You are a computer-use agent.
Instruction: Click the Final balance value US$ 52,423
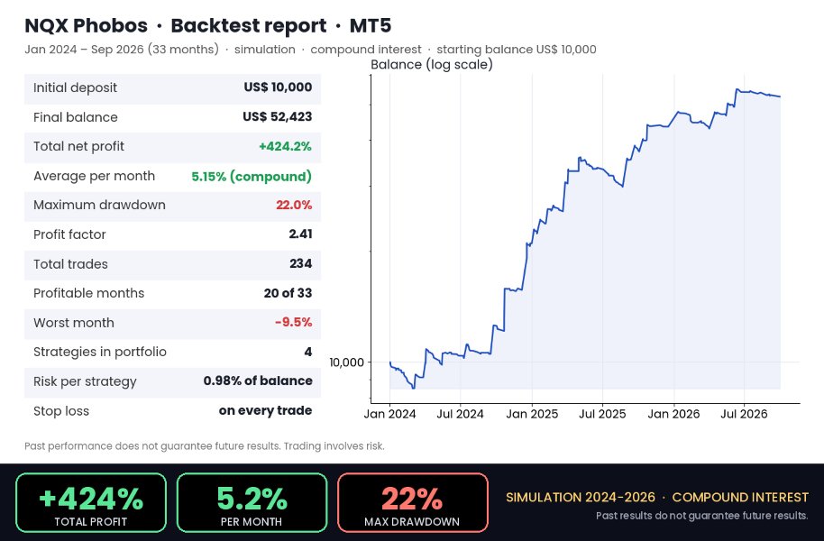[277, 116]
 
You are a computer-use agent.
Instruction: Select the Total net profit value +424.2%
[285, 146]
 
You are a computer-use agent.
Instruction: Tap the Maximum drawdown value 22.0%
[294, 205]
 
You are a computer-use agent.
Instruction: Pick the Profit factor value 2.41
[300, 234]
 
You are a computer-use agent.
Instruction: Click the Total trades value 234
[300, 263]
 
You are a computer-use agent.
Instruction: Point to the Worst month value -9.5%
[293, 322]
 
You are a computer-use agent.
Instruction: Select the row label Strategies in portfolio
[100, 352]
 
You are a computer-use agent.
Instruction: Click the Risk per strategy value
[258, 381]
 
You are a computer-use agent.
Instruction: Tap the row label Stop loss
[61, 410]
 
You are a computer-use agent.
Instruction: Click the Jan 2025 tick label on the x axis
[532, 414]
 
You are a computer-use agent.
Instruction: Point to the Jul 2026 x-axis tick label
[744, 414]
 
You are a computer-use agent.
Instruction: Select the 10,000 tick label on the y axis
[346, 362]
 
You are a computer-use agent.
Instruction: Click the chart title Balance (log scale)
[432, 65]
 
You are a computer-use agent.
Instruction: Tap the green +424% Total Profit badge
[91, 502]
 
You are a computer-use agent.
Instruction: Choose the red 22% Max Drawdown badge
[413, 502]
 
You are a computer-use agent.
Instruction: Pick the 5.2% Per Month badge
[252, 502]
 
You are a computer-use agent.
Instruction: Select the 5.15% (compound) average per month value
[252, 176]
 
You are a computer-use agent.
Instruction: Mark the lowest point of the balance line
[414, 388]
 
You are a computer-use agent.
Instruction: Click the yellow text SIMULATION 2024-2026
[581, 498]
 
